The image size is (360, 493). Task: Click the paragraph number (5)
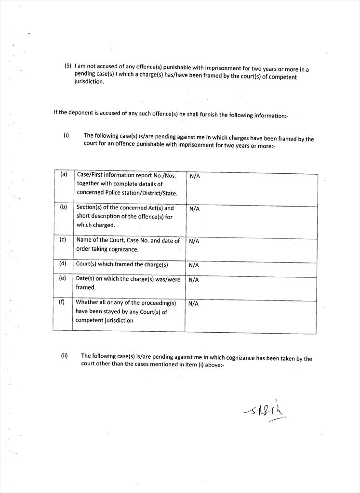pos(68,65)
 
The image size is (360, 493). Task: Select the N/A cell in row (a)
pos(195,177)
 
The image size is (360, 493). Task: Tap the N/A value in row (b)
pos(194,209)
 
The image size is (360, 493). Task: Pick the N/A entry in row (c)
pos(194,241)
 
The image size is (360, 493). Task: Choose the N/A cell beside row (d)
pos(194,265)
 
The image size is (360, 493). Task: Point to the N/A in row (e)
pos(194,280)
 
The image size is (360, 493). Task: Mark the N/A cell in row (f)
pos(193,304)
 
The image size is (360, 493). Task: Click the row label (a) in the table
pos(64,174)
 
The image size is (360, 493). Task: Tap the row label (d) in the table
pos(63,263)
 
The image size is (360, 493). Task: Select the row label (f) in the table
pos(62,302)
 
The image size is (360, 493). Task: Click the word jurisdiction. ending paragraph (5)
pos(89,82)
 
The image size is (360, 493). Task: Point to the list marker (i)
pos(66,135)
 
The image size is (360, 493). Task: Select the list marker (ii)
pos(64,356)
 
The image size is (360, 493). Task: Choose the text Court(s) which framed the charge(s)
pos(122,264)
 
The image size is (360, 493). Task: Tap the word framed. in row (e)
pos(86,287)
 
